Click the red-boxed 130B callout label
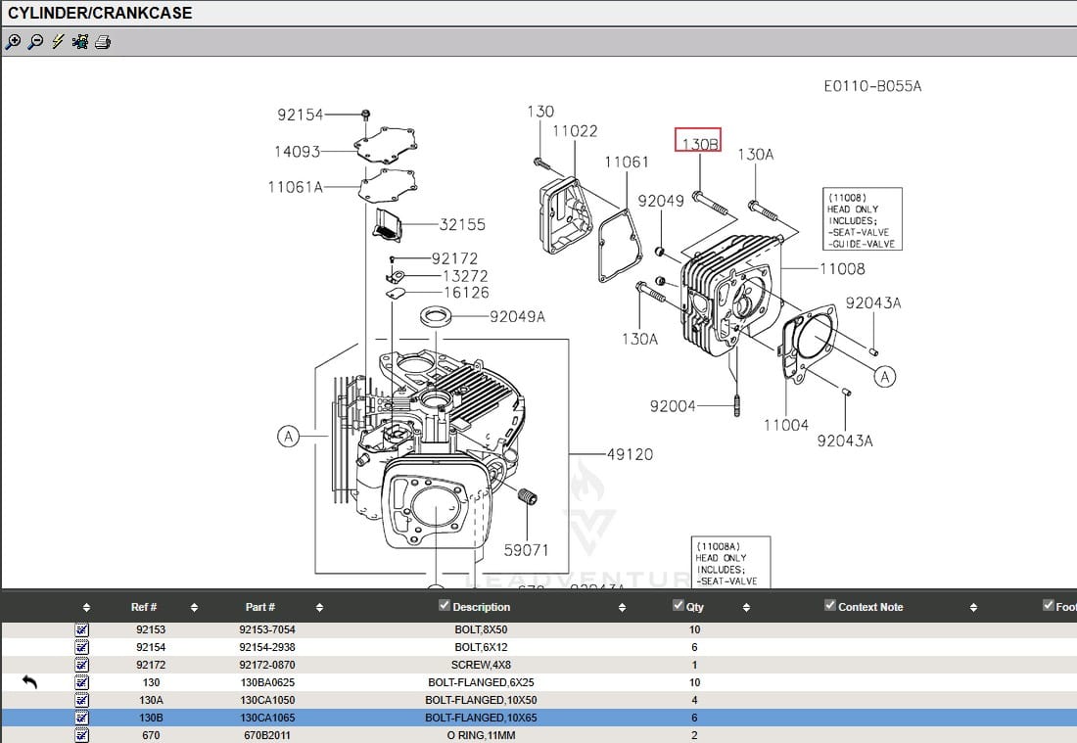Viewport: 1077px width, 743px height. pyautogui.click(x=699, y=142)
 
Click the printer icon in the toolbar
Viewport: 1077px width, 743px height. pyautogui.click(x=103, y=42)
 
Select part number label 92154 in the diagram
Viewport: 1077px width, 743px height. pyautogui.click(x=300, y=115)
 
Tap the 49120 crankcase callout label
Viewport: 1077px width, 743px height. pyautogui.click(x=630, y=454)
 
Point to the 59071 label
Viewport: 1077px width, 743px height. pyautogui.click(x=526, y=550)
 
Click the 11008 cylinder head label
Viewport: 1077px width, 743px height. pyautogui.click(x=842, y=268)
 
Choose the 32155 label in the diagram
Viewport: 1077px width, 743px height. pyautogui.click(x=462, y=224)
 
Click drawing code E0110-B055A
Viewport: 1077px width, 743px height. pyautogui.click(x=872, y=86)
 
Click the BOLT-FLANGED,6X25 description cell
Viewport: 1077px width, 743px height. pyautogui.click(x=481, y=682)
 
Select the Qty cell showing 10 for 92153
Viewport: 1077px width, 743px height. pyautogui.click(x=695, y=629)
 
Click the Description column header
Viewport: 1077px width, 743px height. pyautogui.click(x=481, y=607)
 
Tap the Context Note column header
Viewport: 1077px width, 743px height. pyautogui.click(x=870, y=607)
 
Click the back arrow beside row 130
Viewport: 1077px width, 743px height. pyautogui.click(x=29, y=682)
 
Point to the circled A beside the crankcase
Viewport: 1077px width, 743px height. pyautogui.click(x=288, y=437)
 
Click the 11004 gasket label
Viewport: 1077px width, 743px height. pyautogui.click(x=786, y=425)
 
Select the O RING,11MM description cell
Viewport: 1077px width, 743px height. pyautogui.click(x=481, y=735)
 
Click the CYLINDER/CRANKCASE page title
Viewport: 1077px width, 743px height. pyautogui.click(x=100, y=13)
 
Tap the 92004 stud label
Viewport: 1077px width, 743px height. pyautogui.click(x=673, y=405)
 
